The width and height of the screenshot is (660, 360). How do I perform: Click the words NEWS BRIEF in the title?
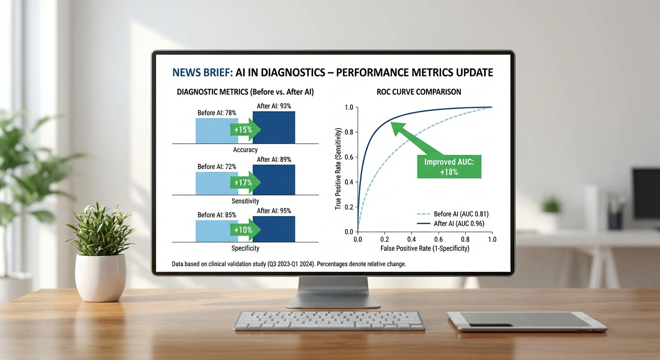tap(202, 73)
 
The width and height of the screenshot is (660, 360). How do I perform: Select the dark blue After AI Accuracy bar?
tap(274, 127)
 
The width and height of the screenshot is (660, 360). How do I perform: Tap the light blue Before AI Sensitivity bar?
tap(213, 183)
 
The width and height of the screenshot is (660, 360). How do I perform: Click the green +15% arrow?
tap(245, 130)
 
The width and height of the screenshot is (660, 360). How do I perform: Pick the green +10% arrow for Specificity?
tap(245, 230)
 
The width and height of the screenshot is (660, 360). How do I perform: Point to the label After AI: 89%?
tap(274, 160)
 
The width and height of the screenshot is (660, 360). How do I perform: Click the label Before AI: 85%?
tap(217, 215)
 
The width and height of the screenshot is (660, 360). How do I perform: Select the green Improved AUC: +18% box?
tap(449, 167)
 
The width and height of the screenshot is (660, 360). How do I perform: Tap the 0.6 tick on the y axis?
tap(349, 157)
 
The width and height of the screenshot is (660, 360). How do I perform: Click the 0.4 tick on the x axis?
tap(412, 239)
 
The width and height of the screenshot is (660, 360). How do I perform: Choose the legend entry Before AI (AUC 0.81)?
tap(452, 214)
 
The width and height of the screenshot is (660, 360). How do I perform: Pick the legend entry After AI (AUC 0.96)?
tap(450, 224)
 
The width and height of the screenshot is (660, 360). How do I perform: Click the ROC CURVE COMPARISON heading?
tap(419, 92)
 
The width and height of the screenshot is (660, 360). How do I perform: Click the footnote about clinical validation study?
tap(289, 264)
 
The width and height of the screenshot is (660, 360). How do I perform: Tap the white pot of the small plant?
tap(100, 278)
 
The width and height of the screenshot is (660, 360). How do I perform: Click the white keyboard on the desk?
tap(329, 321)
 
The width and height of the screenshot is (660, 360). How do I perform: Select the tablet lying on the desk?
tap(526, 322)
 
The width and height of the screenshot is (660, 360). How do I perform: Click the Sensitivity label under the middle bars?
tap(245, 201)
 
